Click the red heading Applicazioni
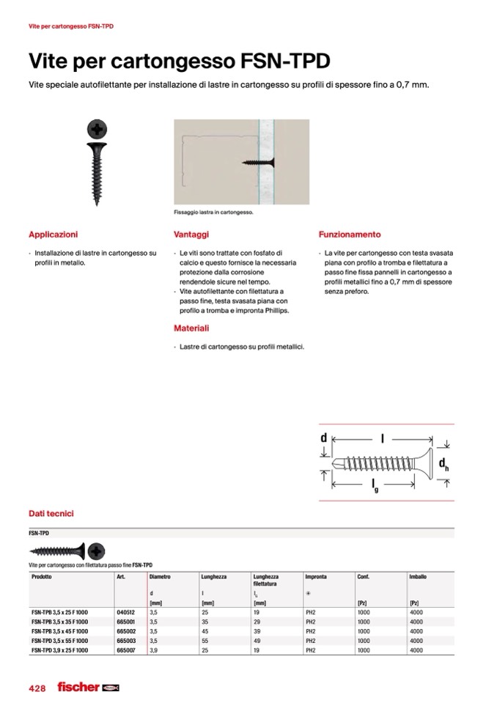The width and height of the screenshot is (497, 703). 53,235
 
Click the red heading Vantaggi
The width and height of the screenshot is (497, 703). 191,235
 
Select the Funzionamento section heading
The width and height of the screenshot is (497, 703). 350,235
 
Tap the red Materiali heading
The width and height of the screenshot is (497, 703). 191,328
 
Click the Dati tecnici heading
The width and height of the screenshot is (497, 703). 51,514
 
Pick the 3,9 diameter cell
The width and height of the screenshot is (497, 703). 153,650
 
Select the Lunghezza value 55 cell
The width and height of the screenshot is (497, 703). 205,640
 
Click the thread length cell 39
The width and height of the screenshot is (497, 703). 257,630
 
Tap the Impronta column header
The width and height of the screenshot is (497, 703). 316,577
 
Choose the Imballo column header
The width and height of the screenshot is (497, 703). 418,577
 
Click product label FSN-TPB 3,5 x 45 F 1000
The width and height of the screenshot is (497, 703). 59,630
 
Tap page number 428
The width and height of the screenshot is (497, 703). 37,688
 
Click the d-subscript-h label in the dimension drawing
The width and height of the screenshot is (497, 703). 443,464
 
